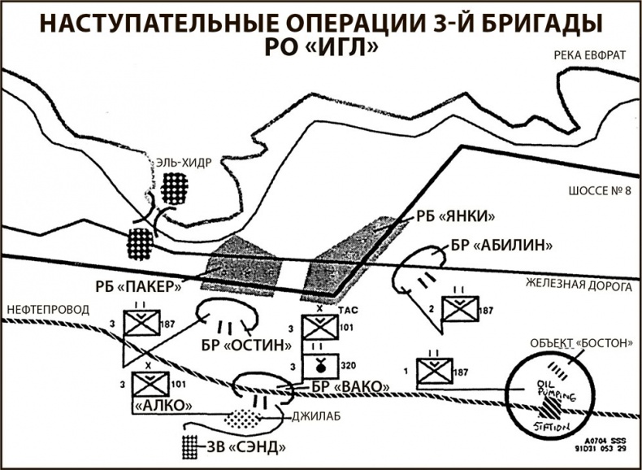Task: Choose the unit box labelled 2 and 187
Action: [x=459, y=309]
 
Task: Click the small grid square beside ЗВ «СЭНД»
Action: [x=189, y=446]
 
